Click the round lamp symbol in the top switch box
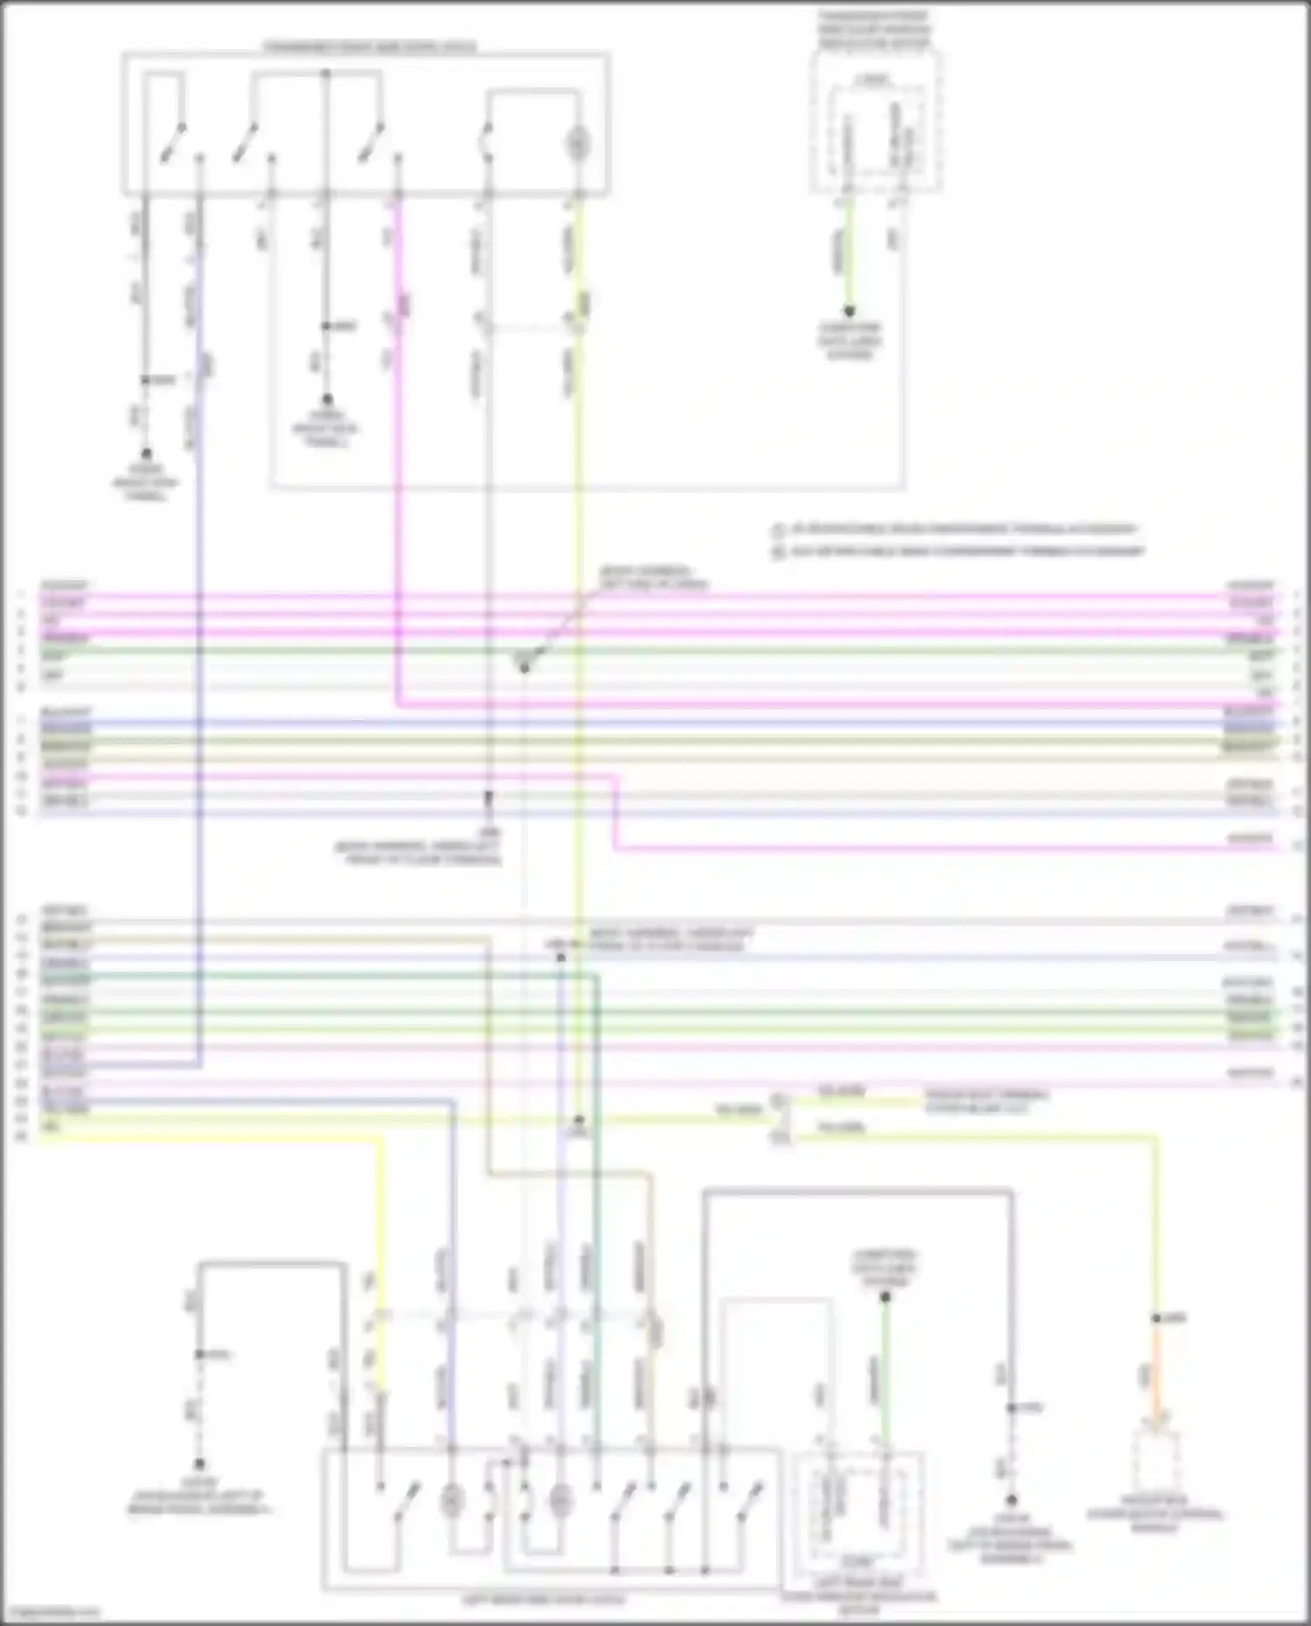[577, 144]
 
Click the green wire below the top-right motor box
[847, 253]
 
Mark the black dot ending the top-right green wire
[848, 311]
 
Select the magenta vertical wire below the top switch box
[398, 437]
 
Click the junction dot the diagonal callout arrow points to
[524, 668]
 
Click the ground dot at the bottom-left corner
[199, 1464]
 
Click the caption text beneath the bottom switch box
[543, 1601]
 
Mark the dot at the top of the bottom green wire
[884, 1298]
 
